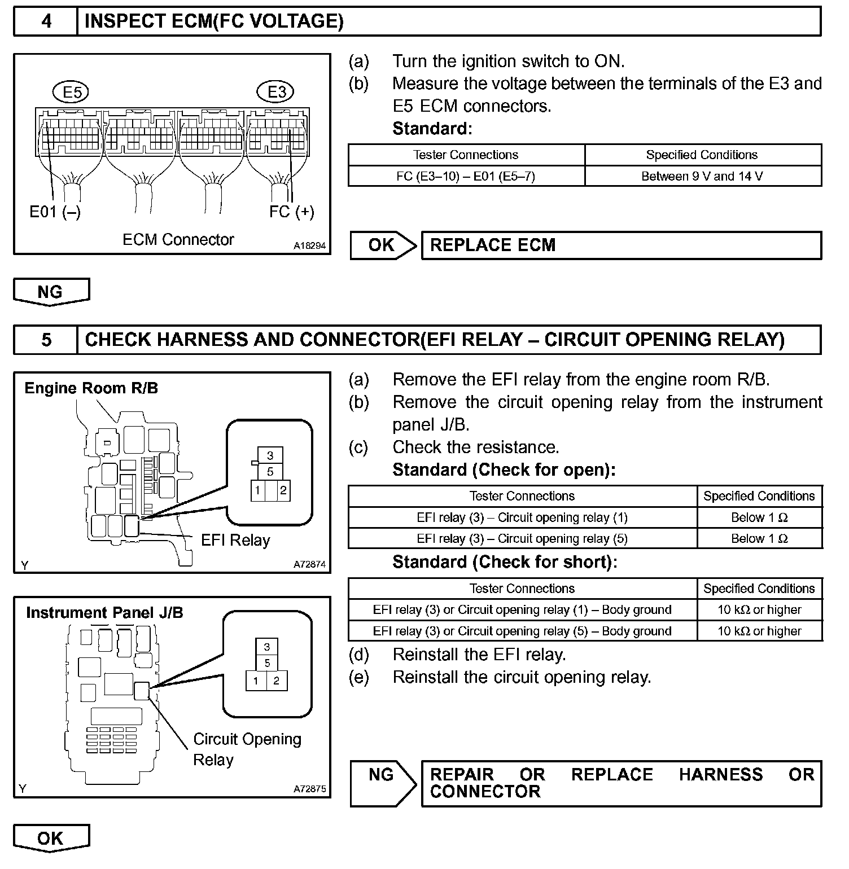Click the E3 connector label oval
tap(276, 92)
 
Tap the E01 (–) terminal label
tap(55, 212)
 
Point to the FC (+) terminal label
tap(291, 212)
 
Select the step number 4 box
tap(46, 21)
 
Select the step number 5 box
tap(46, 340)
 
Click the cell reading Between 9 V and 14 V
tap(702, 176)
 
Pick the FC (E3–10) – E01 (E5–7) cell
tap(466, 176)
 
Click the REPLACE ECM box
tap(621, 245)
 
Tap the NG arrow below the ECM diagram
tap(51, 292)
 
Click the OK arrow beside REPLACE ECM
tap(383, 245)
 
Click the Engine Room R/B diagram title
tap(91, 388)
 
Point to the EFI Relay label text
tap(235, 541)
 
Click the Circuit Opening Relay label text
tap(247, 749)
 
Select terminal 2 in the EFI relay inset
tap(283, 490)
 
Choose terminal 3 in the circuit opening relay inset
tap(267, 647)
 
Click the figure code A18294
tap(309, 246)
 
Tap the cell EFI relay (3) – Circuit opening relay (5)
tap(522, 538)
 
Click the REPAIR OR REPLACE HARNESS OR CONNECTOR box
tap(621, 783)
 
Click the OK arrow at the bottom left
tap(51, 838)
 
